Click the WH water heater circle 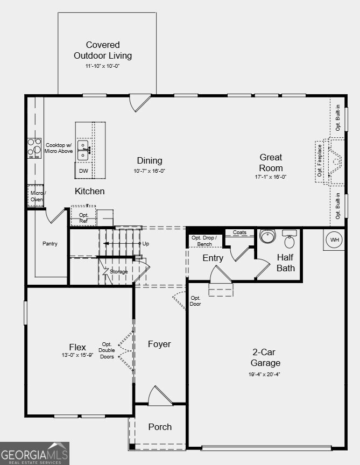[x=335, y=239]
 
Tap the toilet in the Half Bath [x=290, y=239]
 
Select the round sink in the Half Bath [x=268, y=236]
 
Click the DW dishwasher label [x=83, y=171]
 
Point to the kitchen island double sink [x=83, y=150]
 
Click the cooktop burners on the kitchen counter [x=34, y=149]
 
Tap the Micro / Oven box [x=36, y=196]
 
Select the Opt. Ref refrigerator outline [x=83, y=216]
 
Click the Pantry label [x=50, y=243]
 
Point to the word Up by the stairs [x=146, y=243]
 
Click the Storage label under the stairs [x=118, y=272]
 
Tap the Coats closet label [x=239, y=232]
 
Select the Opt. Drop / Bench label [x=204, y=241]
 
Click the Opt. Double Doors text [x=107, y=350]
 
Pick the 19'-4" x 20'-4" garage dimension [x=264, y=374]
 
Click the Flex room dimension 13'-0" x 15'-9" [x=77, y=355]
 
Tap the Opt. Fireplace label [x=320, y=160]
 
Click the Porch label [x=160, y=427]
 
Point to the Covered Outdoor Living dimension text [x=103, y=66]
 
